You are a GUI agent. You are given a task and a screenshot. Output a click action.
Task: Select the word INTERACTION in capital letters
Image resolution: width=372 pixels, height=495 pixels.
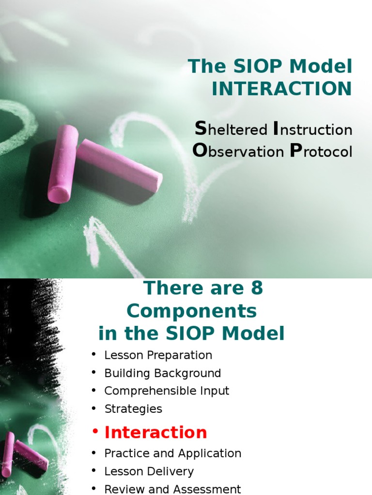282,89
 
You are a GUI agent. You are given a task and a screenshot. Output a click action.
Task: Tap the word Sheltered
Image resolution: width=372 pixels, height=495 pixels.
231,130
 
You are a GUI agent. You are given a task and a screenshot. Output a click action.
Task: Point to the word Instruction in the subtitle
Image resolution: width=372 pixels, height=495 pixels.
313,130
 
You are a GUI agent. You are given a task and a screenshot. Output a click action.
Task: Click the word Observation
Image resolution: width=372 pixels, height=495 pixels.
238,151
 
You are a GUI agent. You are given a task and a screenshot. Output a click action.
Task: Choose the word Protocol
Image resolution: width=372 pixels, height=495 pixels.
321,151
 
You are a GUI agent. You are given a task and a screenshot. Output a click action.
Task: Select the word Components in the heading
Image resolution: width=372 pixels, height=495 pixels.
191,311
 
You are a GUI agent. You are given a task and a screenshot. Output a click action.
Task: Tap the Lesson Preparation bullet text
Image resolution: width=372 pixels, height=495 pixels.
158,355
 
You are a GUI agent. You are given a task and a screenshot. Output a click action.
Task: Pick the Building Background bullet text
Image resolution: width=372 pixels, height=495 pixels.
163,373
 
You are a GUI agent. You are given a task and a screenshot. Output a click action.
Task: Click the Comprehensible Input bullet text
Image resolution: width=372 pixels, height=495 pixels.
167,391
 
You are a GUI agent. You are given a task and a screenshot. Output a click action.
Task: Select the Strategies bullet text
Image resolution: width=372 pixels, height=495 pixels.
133,409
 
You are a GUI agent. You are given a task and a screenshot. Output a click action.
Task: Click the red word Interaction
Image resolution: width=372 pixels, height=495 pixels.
156,432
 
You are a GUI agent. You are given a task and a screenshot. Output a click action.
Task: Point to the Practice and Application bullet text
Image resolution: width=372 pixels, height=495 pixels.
173,453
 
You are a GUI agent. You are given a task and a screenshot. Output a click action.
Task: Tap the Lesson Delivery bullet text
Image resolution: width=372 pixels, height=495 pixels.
149,471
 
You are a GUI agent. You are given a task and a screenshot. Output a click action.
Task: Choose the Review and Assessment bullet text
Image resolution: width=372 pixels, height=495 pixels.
173,489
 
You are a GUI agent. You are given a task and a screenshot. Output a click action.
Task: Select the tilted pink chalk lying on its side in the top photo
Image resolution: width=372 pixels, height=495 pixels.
120,165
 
